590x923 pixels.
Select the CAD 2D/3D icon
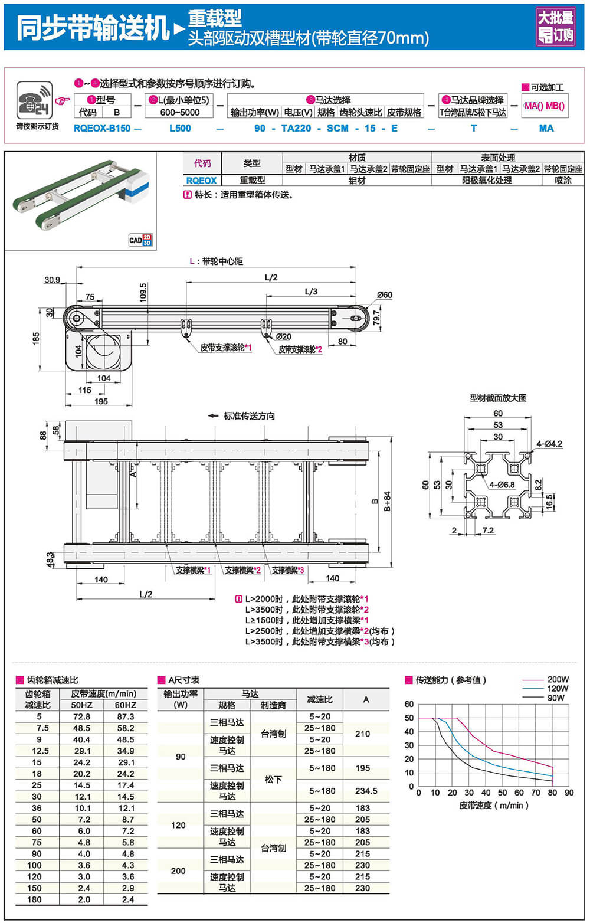coord(140,240)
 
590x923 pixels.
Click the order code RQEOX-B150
coord(102,128)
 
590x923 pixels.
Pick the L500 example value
coord(180,128)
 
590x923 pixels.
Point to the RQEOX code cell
coord(201,181)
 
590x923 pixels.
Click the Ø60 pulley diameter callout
coord(385,295)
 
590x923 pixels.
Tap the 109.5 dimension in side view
coord(143,293)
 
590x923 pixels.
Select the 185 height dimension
coord(36,338)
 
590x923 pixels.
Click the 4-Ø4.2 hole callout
coord(549,444)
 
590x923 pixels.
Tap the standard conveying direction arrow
coord(213,416)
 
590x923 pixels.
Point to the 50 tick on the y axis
coord(409,718)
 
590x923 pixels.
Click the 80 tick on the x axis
coord(552,793)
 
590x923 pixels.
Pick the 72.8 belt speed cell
coord(81,716)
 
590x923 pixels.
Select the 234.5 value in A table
coord(366,791)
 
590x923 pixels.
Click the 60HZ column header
coord(125,705)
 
